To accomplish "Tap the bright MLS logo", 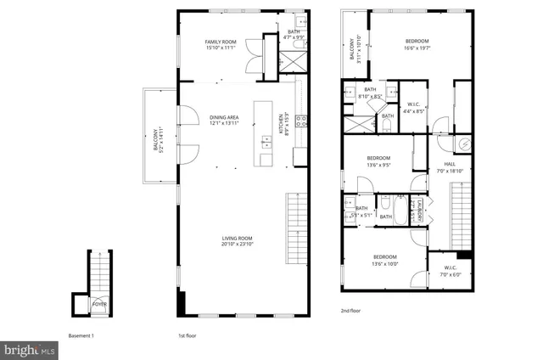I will pyautogui.click(x=30, y=348).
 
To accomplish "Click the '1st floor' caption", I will pyautogui.click(x=188, y=335).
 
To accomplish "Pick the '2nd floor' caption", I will pyautogui.click(x=350, y=312).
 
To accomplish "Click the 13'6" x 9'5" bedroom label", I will pyautogui.click(x=378, y=162).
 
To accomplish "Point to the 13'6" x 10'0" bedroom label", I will pyautogui.click(x=386, y=260).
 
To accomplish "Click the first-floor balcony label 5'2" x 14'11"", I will pyautogui.click(x=157, y=139).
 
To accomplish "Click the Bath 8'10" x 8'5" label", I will pyautogui.click(x=370, y=93).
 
